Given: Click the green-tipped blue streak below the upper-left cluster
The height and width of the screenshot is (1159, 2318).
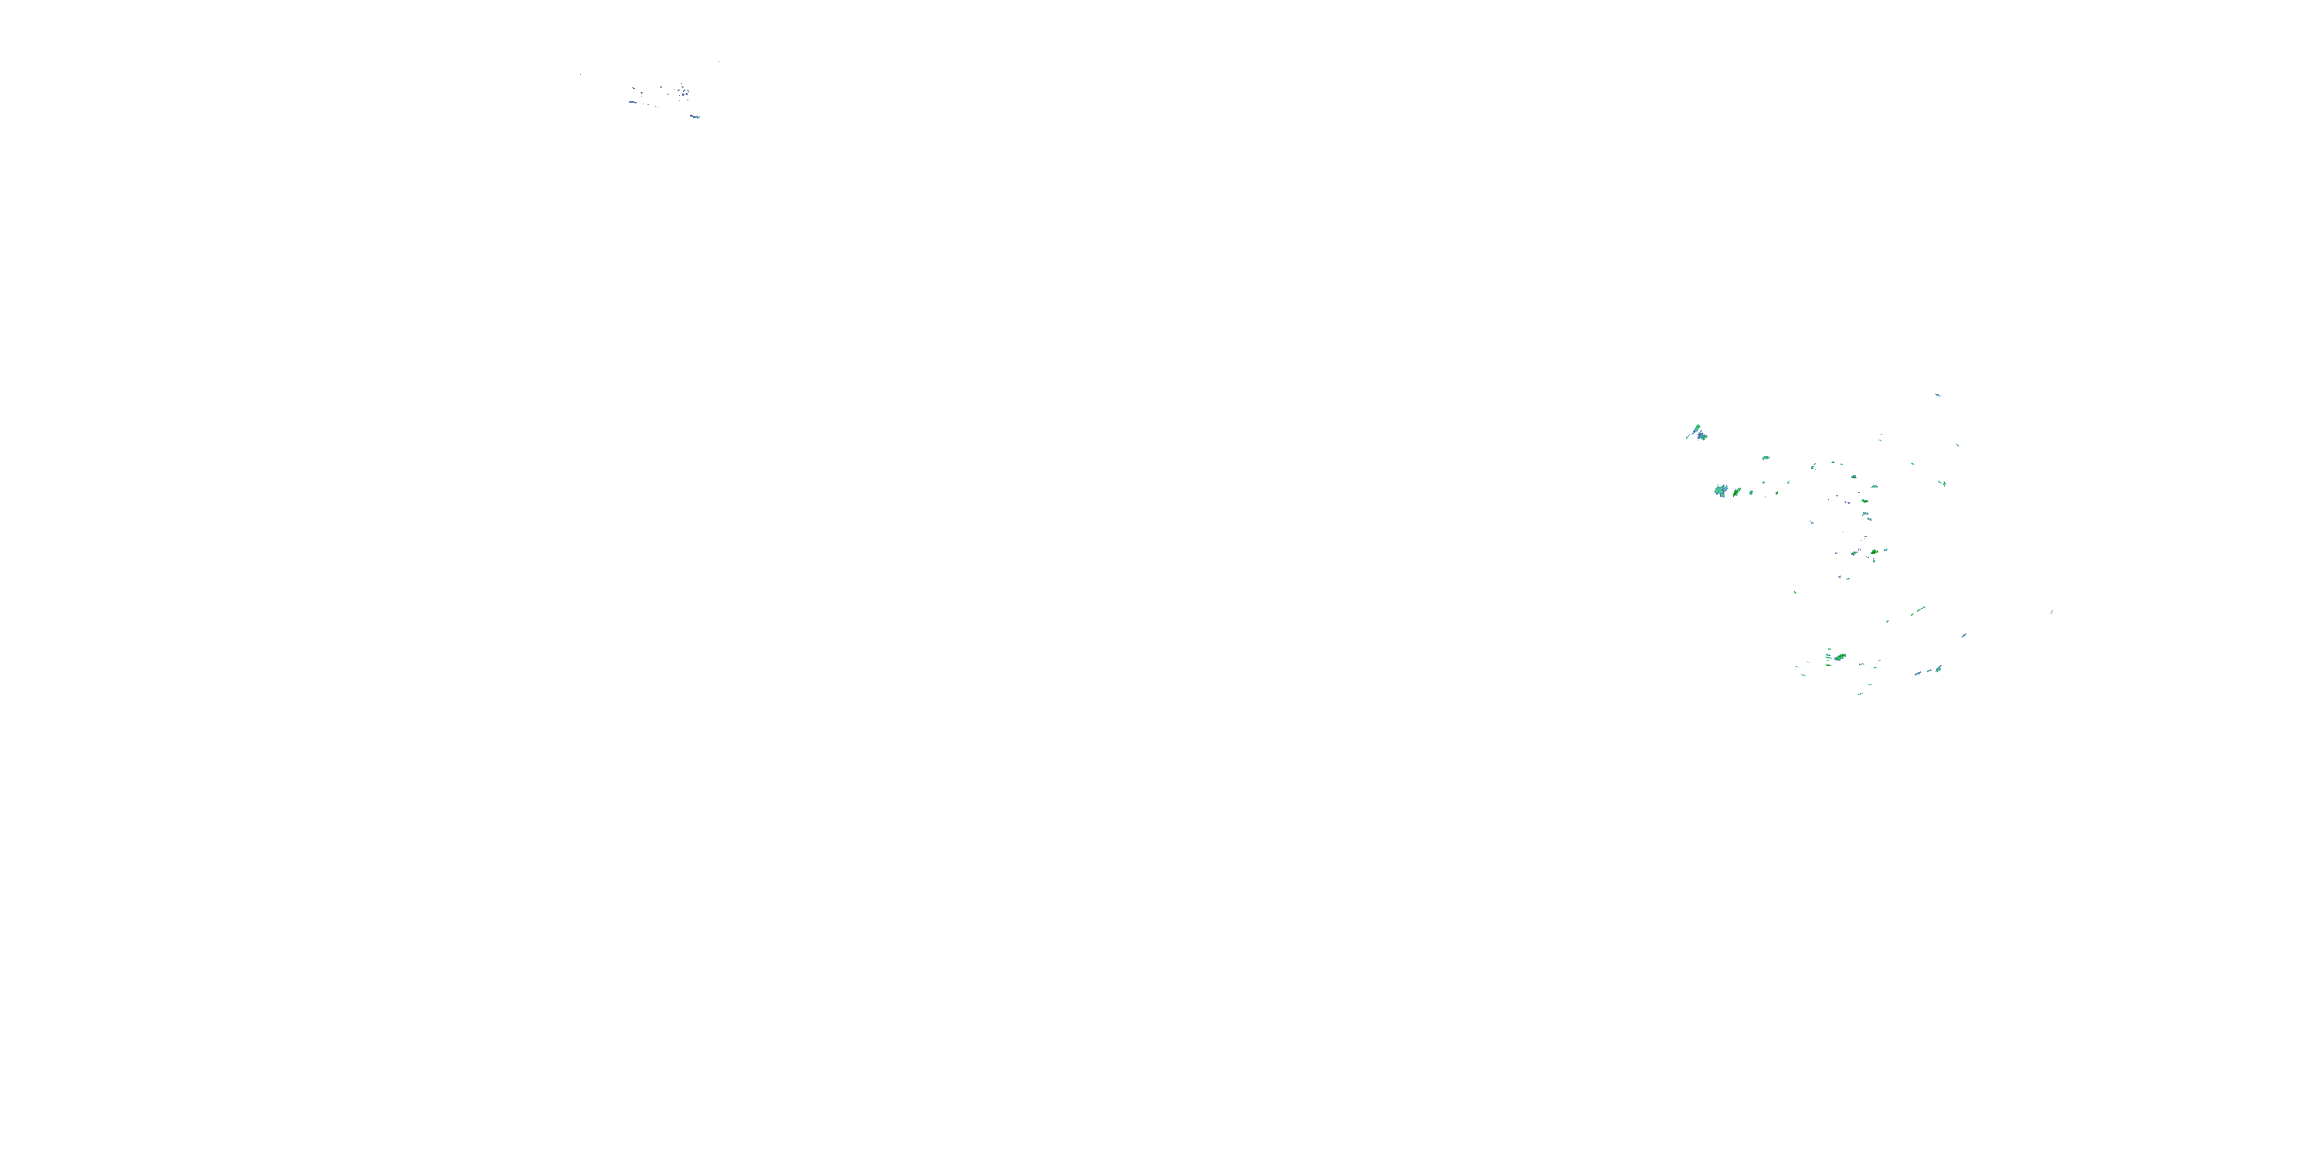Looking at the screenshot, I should point(695,116).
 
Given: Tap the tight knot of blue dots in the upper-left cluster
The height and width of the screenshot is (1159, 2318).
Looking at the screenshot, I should point(685,91).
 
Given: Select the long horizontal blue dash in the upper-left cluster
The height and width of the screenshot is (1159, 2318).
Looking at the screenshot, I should point(633,102).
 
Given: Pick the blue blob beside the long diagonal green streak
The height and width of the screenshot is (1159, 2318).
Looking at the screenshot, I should point(1702,437).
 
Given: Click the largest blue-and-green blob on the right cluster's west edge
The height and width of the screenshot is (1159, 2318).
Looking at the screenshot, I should point(1722,491).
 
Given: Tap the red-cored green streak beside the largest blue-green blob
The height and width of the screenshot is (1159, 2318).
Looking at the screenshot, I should point(1737,492).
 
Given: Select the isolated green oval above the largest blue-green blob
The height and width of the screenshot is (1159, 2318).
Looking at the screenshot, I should point(1766,457).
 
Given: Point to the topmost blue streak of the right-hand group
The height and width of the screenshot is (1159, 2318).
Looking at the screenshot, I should point(1937,394).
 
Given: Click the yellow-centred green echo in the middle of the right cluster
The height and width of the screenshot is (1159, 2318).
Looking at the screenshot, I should point(1854,476).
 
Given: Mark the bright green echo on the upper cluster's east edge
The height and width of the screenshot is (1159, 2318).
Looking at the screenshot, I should point(1942,483).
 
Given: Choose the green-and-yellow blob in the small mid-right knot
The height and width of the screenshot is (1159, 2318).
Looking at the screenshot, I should point(1874,552).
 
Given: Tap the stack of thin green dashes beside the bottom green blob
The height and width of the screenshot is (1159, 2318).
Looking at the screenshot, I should point(1827,656).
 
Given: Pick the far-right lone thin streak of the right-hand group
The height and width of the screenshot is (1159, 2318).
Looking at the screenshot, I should point(2051,612).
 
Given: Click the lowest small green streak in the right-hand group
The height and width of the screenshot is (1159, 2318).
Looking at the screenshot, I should point(1860,693).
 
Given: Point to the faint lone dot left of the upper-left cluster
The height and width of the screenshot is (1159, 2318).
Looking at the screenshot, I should point(580,75).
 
